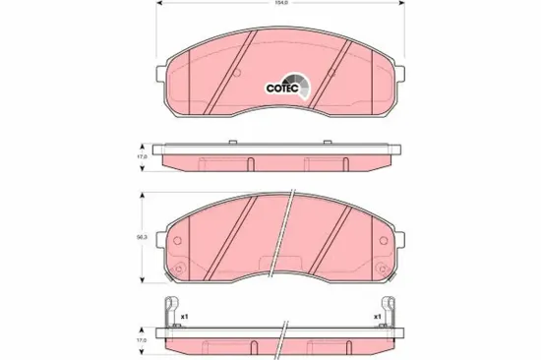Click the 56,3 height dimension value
pyautogui.click(x=142, y=236)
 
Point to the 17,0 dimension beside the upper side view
pyautogui.click(x=141, y=155)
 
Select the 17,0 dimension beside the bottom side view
pyautogui.click(x=141, y=339)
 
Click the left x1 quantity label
pyautogui.click(x=184, y=316)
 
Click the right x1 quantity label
pyautogui.click(x=378, y=316)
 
